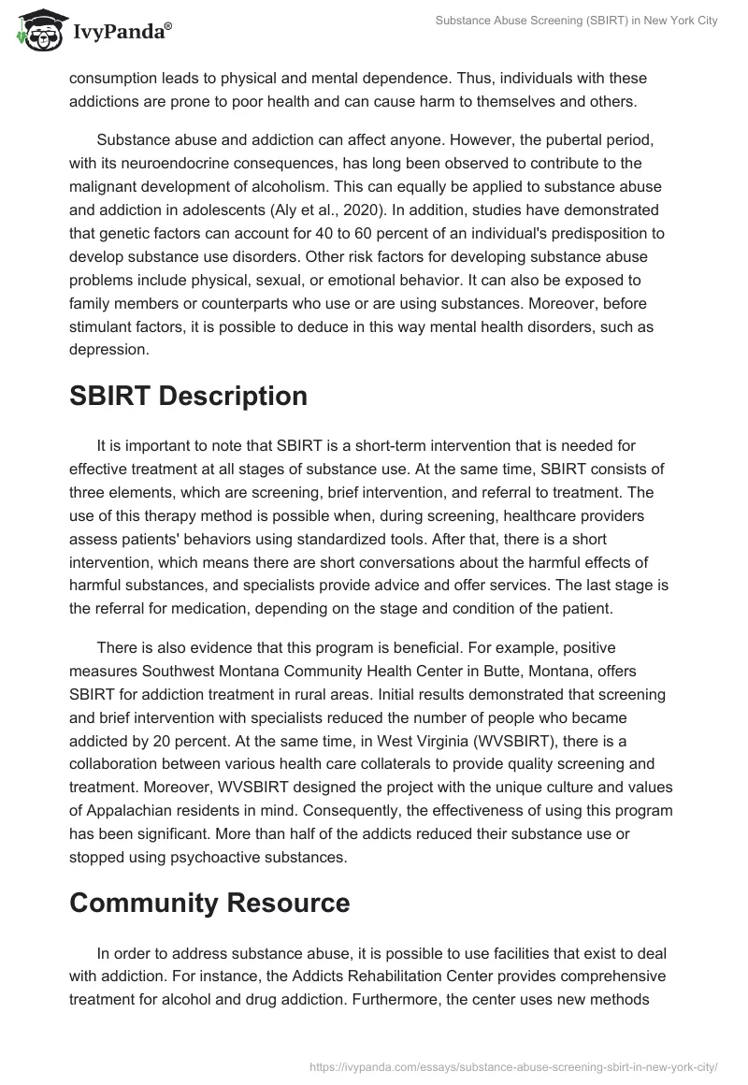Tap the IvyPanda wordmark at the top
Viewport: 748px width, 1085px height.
point(120,31)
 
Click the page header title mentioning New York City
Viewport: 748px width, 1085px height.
point(577,21)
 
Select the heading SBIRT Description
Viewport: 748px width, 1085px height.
point(188,396)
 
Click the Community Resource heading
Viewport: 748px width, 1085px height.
point(209,903)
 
